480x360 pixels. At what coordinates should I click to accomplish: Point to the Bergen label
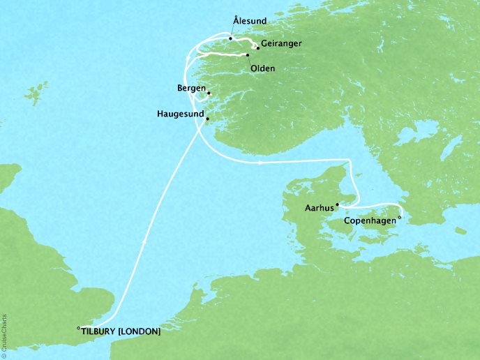[190, 89]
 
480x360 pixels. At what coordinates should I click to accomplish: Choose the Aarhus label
[319, 207]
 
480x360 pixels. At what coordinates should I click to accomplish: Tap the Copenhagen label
[371, 223]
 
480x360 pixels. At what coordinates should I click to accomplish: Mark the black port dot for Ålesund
[230, 39]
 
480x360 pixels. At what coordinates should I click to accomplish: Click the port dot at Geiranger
[258, 49]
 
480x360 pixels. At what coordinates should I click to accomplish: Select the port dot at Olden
[248, 55]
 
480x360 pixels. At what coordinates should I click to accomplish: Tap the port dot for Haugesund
[207, 119]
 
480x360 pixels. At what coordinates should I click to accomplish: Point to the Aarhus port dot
[338, 205]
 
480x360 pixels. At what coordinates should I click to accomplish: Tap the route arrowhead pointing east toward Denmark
[260, 163]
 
